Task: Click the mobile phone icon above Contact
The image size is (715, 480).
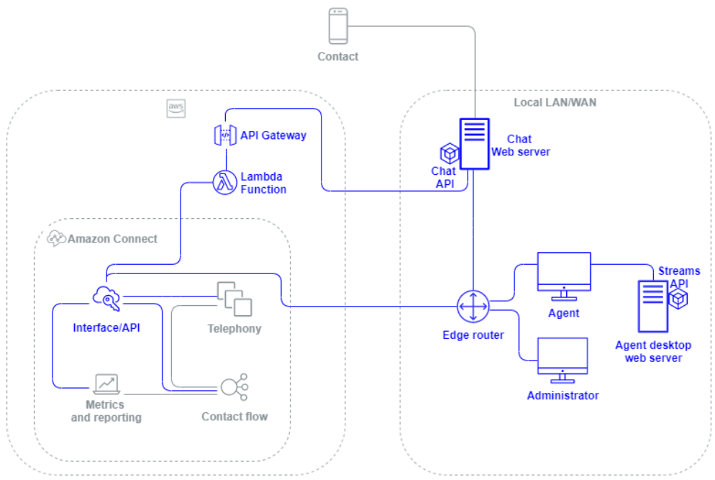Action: (338, 26)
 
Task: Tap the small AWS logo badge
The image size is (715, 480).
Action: (176, 108)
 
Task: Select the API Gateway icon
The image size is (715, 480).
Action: (224, 135)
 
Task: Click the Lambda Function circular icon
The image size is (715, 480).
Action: (224, 182)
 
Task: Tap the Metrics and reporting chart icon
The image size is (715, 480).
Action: (106, 383)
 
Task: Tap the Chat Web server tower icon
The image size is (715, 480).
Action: (474, 143)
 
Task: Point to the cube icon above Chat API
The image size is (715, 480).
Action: (449, 153)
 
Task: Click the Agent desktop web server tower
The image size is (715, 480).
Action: (653, 306)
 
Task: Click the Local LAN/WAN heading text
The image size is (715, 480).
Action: (555, 103)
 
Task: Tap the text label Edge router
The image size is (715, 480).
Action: (473, 335)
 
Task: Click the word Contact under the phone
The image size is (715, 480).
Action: (338, 56)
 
